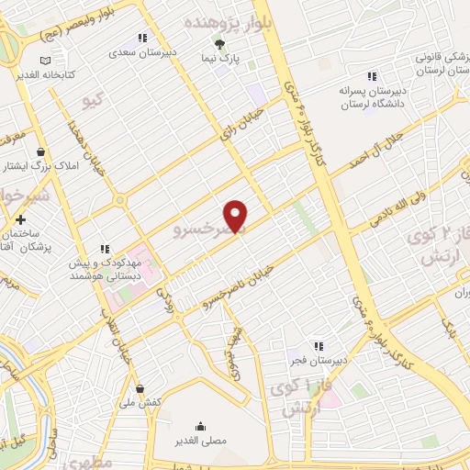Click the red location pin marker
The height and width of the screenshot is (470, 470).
click(237, 216)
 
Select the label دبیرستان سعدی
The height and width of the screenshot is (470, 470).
click(142, 52)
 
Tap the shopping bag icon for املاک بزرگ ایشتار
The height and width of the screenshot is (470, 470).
click(41, 151)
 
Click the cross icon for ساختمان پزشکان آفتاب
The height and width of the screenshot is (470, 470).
click(20, 219)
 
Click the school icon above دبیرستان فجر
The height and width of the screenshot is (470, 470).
click(317, 346)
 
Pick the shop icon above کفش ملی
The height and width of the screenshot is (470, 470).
click(139, 388)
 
